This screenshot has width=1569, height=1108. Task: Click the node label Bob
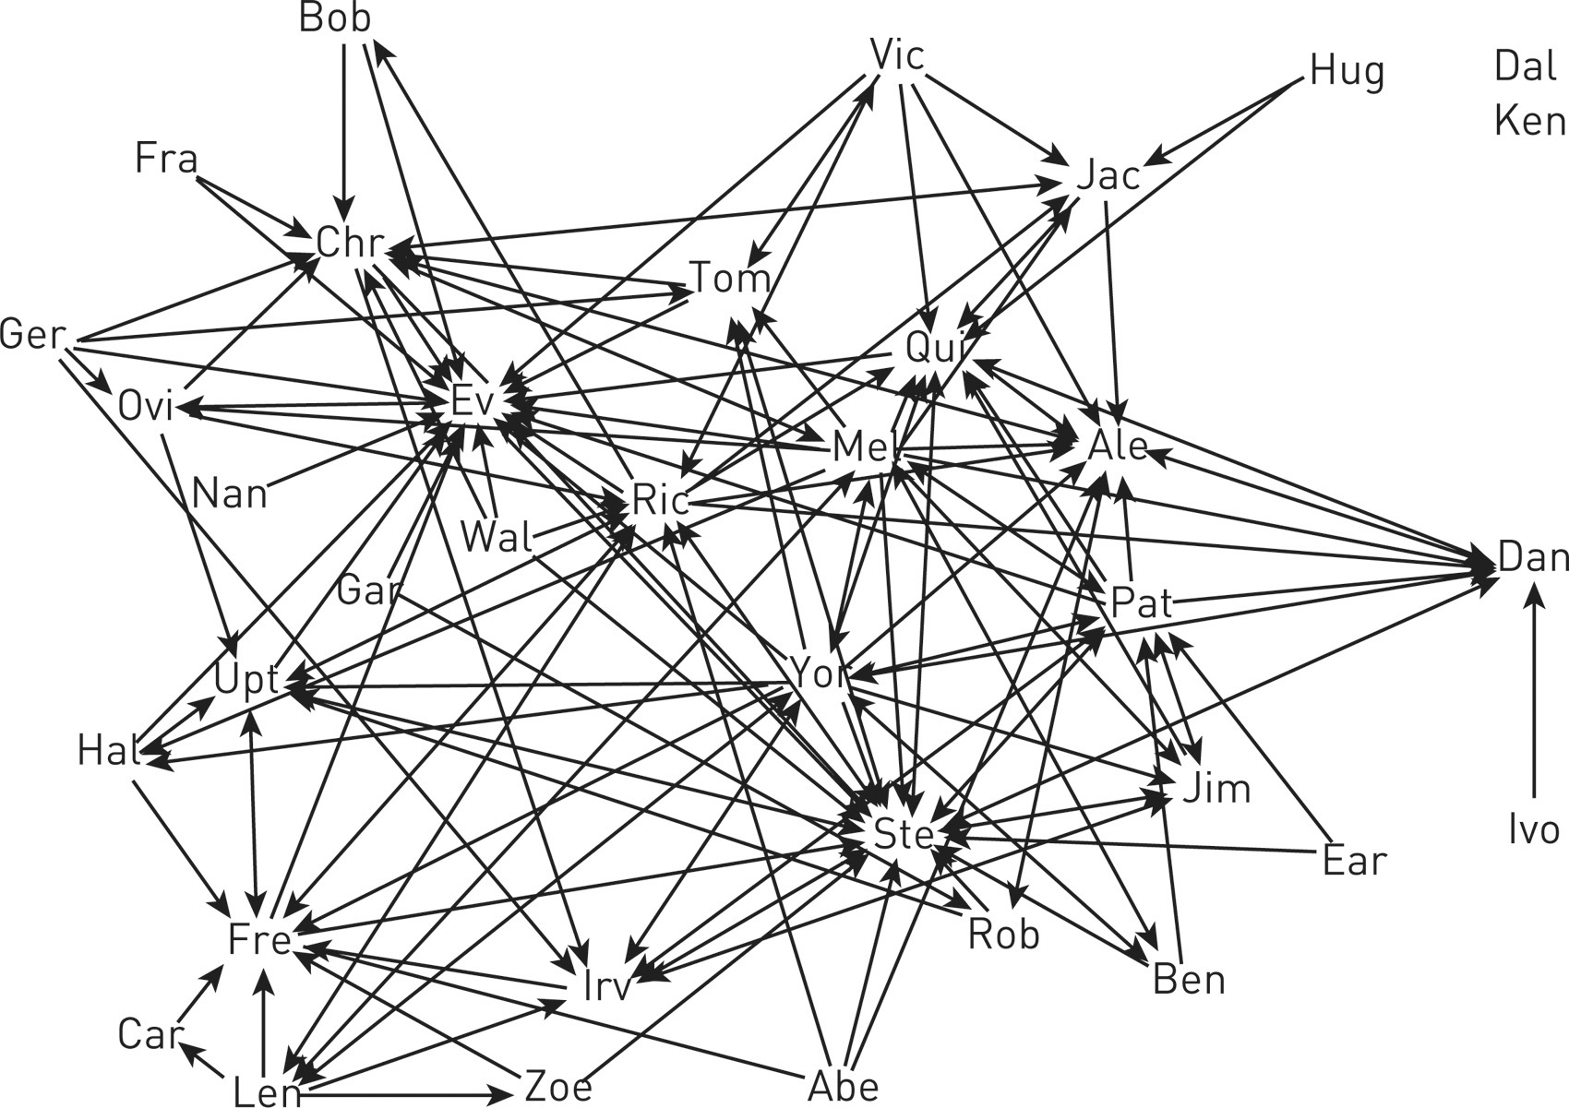coord(334,19)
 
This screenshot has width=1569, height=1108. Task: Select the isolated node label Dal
coord(1526,66)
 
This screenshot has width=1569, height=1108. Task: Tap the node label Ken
coord(1529,121)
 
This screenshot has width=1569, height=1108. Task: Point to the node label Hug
coord(1347,71)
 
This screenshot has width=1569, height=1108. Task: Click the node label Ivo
coord(1534,830)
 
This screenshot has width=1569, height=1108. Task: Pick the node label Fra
coord(166,158)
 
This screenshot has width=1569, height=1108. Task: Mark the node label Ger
coord(33,334)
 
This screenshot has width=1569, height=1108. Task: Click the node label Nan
coord(229,494)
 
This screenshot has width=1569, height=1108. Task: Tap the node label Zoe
coord(557,1087)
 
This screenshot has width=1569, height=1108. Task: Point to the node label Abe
coord(843,1087)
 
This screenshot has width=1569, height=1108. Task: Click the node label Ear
coord(1354,861)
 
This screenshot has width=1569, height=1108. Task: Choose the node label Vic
coord(897,56)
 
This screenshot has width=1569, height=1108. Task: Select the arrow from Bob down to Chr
coord(344,129)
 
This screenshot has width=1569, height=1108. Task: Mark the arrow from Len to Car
coord(205,1063)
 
